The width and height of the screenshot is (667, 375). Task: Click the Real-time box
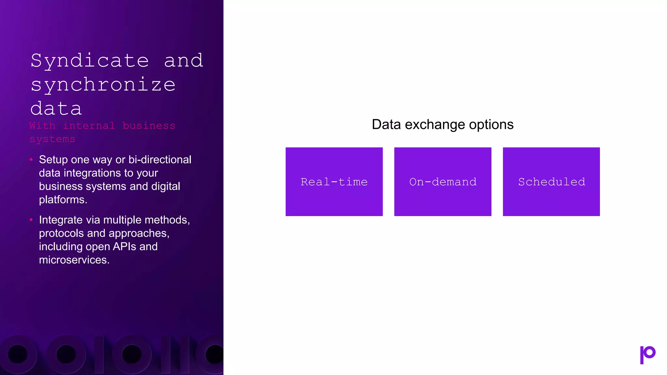click(334, 182)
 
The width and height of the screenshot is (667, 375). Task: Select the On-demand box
click(443, 182)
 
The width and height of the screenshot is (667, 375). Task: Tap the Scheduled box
click(551, 182)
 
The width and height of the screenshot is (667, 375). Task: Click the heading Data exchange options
click(443, 125)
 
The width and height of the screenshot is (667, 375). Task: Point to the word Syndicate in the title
click(90, 61)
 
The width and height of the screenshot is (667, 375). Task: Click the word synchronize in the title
click(103, 85)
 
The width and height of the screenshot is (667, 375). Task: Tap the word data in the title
click(56, 109)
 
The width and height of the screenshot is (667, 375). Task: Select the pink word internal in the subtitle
click(89, 126)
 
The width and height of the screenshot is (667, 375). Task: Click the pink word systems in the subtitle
click(52, 139)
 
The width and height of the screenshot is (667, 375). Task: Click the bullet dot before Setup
click(31, 160)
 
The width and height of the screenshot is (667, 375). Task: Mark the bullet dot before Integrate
click(31, 220)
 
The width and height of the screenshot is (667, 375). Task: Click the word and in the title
click(183, 61)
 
